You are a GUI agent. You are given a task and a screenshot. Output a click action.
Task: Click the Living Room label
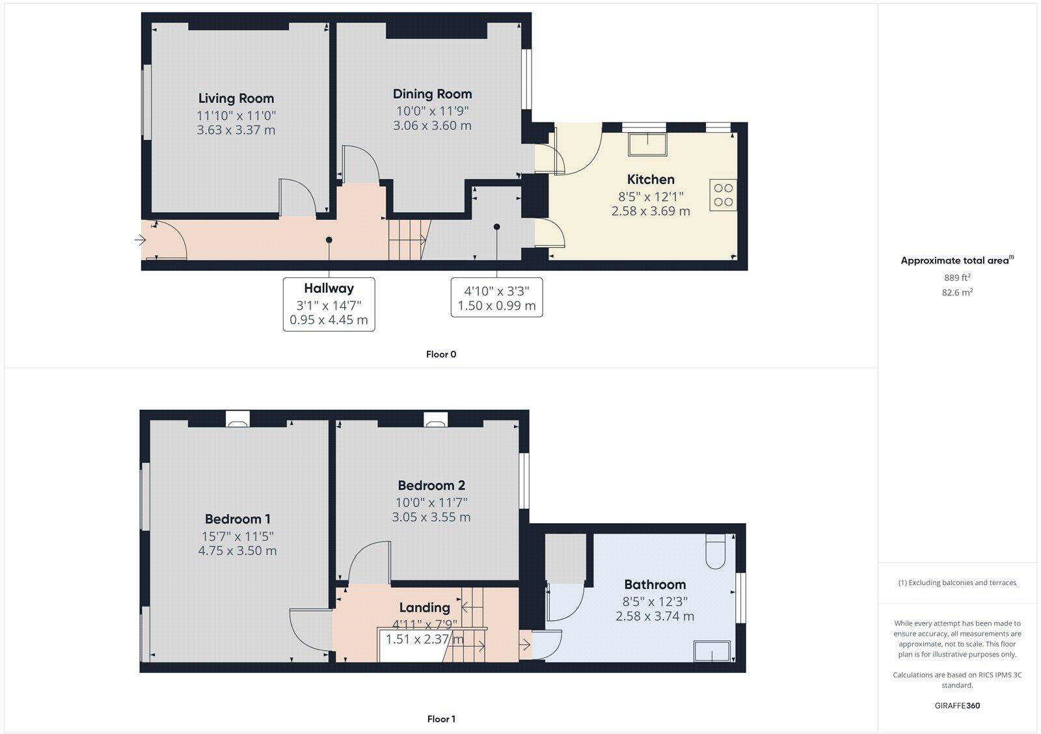coord(236,98)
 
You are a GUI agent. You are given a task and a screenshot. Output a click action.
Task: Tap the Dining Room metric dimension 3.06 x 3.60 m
coord(432,126)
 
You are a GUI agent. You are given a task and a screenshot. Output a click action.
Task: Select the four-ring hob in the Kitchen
coord(723,195)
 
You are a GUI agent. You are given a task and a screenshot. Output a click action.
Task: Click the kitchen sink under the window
coord(647,144)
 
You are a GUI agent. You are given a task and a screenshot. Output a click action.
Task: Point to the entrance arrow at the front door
coord(140,240)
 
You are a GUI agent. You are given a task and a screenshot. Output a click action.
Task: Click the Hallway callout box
coord(329,304)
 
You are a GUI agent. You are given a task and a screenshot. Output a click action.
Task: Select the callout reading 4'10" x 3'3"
coord(496,297)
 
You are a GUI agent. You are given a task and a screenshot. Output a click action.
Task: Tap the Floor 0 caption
coord(440,355)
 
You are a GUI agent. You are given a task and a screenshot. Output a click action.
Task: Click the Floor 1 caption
coord(440,719)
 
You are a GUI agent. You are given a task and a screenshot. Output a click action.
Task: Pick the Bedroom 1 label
coord(237,519)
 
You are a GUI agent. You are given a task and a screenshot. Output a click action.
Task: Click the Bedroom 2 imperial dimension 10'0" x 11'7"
coord(432,502)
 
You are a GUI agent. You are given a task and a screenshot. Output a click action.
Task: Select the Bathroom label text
coord(655,584)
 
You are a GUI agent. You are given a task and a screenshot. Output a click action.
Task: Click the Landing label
coord(424,607)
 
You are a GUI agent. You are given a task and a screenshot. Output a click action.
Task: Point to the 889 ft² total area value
coord(957,278)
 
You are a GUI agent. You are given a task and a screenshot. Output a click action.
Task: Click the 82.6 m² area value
coord(957,293)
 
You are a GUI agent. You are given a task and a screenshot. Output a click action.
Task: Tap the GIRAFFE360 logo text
coord(957,705)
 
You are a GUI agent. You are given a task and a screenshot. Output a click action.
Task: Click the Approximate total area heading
coord(954,261)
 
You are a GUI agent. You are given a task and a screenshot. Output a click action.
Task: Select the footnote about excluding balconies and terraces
coord(957,583)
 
